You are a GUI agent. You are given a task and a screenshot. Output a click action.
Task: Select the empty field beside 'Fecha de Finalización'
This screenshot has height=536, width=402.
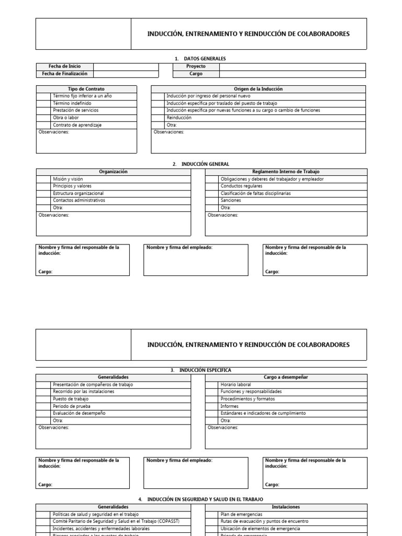coord(126,74)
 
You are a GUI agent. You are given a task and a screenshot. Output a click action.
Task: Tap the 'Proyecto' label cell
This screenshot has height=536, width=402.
coord(196,66)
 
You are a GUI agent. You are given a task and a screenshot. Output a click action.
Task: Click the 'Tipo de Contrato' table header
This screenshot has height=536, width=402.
coord(86,89)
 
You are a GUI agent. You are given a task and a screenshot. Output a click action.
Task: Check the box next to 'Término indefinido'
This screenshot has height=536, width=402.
coord(43,104)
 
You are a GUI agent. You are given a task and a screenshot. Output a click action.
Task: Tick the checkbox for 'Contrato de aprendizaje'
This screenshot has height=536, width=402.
coord(43,125)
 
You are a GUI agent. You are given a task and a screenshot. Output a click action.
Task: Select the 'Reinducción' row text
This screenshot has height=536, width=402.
coord(179,118)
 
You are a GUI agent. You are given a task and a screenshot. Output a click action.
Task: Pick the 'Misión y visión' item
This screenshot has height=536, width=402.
coord(68,179)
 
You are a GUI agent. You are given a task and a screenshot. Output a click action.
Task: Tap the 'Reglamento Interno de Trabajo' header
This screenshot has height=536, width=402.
coord(286,172)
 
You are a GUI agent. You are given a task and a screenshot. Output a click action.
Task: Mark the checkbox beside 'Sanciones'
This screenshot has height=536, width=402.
coord(212,200)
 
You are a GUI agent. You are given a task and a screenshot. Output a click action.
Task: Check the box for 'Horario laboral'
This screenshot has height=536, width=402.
coord(212,384)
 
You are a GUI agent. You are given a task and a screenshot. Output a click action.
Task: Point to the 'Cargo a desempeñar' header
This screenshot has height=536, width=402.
coord(286,377)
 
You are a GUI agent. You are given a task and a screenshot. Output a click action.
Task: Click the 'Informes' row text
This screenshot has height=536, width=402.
coord(230,406)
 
